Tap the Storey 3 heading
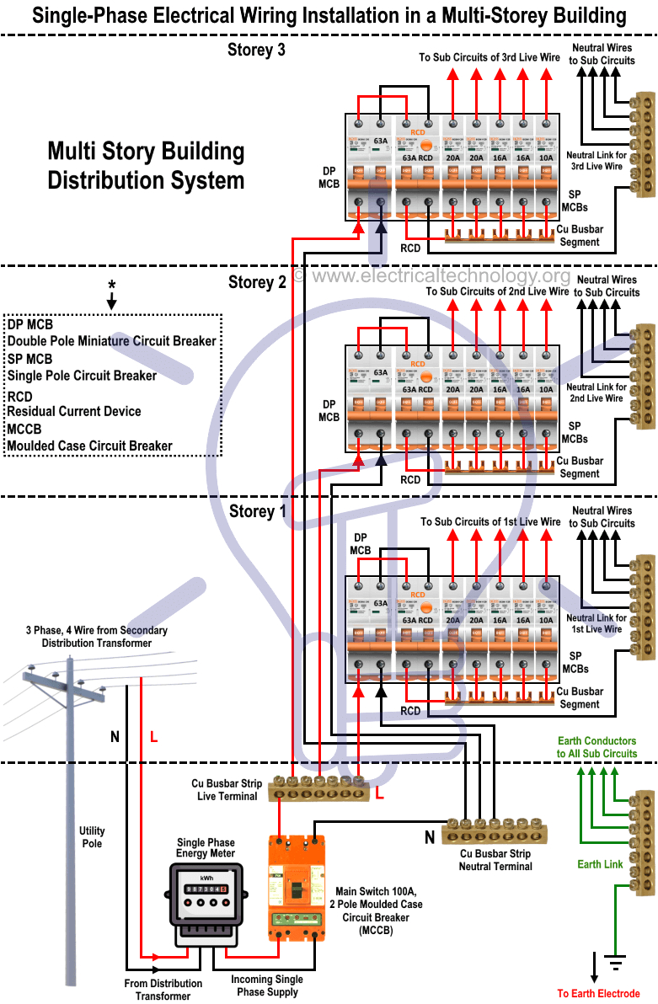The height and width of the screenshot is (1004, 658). tap(256, 51)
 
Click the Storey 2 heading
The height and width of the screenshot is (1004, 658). tap(257, 282)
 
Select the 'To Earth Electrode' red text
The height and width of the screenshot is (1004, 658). tap(598, 994)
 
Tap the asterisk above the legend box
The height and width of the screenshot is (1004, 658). tap(111, 285)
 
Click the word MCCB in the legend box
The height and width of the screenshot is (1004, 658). tap(30, 429)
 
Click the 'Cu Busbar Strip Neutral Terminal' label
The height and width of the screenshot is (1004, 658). tap(495, 860)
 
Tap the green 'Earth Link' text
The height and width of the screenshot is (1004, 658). tap(600, 864)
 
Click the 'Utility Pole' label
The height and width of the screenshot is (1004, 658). tap(92, 837)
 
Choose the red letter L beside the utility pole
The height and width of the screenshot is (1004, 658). tap(153, 737)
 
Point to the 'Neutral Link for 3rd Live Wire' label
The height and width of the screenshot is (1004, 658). tap(596, 161)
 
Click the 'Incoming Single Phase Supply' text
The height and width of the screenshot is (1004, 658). tap(267, 985)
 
